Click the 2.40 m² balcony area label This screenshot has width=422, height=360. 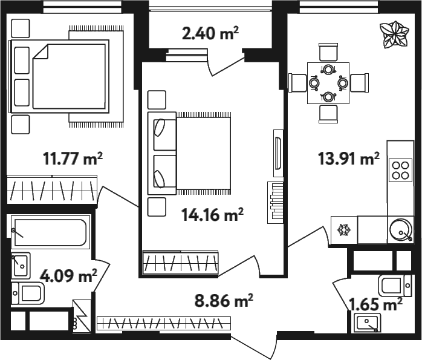click(x=210, y=34)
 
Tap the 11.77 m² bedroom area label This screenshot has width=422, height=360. click(x=73, y=159)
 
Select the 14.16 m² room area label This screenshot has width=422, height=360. click(x=213, y=215)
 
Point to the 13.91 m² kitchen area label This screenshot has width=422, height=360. click(x=349, y=159)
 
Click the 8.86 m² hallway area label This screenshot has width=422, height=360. click(x=224, y=301)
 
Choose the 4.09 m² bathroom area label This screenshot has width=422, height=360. click(x=68, y=276)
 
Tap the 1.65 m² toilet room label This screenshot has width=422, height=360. click(x=375, y=304)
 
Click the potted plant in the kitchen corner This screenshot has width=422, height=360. click(x=394, y=35)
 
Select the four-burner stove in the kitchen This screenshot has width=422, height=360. click(x=400, y=170)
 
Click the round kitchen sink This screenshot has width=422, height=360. click(x=401, y=229)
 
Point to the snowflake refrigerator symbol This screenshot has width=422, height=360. click(x=344, y=230)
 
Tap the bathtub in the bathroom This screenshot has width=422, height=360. click(x=50, y=232)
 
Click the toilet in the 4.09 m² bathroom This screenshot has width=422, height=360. click(x=28, y=293)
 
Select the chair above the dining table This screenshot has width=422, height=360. click(x=328, y=52)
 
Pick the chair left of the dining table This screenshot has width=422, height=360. click(x=297, y=83)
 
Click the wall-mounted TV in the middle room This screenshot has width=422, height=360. click(x=278, y=153)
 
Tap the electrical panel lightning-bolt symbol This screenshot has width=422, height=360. click(x=81, y=316)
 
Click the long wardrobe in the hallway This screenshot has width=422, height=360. click(x=164, y=323)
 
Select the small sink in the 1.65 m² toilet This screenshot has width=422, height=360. click(x=368, y=322)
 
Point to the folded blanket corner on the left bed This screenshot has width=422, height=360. click(x=41, y=51)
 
